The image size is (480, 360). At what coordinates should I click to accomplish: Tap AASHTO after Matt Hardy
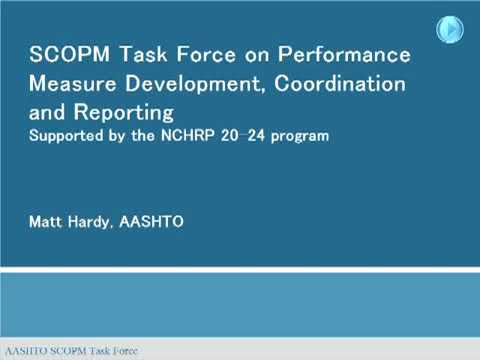click(x=153, y=221)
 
